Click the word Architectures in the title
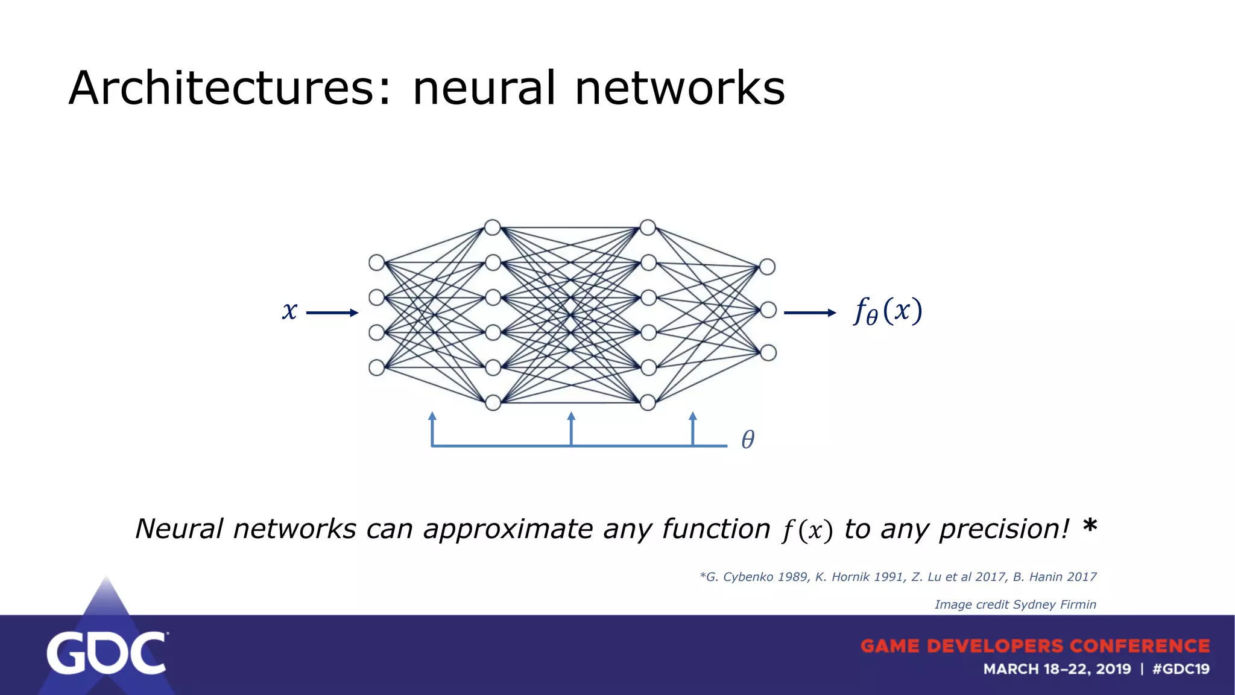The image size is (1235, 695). pyautogui.click(x=229, y=89)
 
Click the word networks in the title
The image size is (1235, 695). pyautogui.click(x=680, y=89)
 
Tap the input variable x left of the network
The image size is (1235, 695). pyautogui.click(x=289, y=311)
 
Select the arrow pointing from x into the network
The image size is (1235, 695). pyautogui.click(x=332, y=313)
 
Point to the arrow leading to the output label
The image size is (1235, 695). pyautogui.click(x=809, y=313)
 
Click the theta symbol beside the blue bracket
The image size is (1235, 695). pyautogui.click(x=748, y=439)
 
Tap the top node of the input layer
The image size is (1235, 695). pyautogui.click(x=377, y=262)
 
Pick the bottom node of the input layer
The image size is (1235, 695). pyautogui.click(x=377, y=367)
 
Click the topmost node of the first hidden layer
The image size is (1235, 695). pyautogui.click(x=493, y=227)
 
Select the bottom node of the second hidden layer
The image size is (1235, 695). pyautogui.click(x=648, y=402)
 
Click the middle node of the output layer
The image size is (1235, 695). pyautogui.click(x=768, y=310)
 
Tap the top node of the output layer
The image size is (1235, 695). pyautogui.click(x=767, y=267)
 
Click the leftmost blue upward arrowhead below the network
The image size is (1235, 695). pyautogui.click(x=432, y=416)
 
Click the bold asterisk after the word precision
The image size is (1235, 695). pyautogui.click(x=1089, y=526)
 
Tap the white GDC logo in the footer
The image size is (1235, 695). pyautogui.click(x=107, y=653)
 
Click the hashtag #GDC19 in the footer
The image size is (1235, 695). pyautogui.click(x=1180, y=669)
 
